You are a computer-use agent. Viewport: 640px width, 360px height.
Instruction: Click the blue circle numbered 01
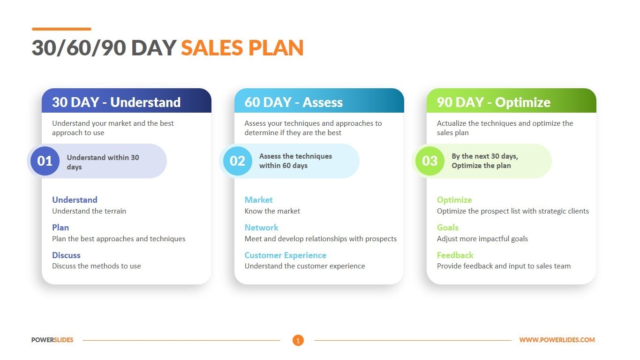pyautogui.click(x=45, y=161)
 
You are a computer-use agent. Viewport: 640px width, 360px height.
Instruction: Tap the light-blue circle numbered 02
pyautogui.click(x=237, y=161)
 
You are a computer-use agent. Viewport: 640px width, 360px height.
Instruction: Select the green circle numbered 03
pyautogui.click(x=429, y=161)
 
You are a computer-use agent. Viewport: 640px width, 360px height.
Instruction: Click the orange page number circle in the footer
pyautogui.click(x=298, y=340)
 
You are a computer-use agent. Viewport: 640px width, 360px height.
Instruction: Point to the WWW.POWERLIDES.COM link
pyautogui.click(x=557, y=340)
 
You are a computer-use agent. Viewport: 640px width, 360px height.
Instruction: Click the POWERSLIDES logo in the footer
pyautogui.click(x=53, y=340)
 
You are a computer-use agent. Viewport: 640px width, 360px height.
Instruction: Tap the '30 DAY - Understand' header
pyautogui.click(x=116, y=102)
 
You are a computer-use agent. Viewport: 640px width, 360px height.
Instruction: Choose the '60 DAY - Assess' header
pyautogui.click(x=294, y=102)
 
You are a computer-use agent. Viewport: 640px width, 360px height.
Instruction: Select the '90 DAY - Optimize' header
pyautogui.click(x=493, y=102)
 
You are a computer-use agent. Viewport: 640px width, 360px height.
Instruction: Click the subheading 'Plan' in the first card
pyautogui.click(x=60, y=228)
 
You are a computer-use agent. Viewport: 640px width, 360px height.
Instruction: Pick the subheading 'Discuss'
pyautogui.click(x=66, y=255)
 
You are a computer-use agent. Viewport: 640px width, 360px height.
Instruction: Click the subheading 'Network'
pyautogui.click(x=261, y=228)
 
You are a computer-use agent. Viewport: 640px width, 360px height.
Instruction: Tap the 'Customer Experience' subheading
pyautogui.click(x=285, y=255)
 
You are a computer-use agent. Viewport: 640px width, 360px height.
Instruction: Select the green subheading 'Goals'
pyautogui.click(x=447, y=228)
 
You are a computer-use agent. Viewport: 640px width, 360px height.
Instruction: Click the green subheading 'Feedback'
pyautogui.click(x=455, y=255)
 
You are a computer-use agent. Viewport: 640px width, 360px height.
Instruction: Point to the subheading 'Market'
pyautogui.click(x=258, y=200)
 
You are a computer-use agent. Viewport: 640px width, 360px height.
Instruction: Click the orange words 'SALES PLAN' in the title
pyautogui.click(x=242, y=48)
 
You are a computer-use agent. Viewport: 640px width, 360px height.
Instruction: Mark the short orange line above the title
pyautogui.click(x=61, y=29)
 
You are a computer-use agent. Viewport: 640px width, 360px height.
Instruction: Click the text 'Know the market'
pyautogui.click(x=272, y=211)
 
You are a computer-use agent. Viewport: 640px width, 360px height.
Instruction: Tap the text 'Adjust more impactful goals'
pyautogui.click(x=482, y=239)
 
